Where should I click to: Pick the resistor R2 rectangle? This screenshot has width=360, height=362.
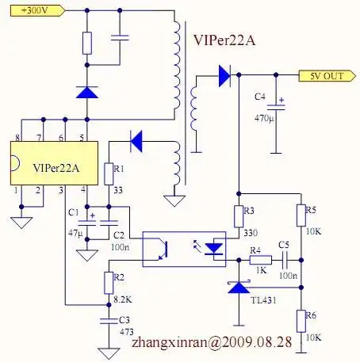pyautogui.click(x=108, y=281)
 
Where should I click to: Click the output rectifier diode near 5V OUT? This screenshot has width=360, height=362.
pyautogui.click(x=224, y=76)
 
